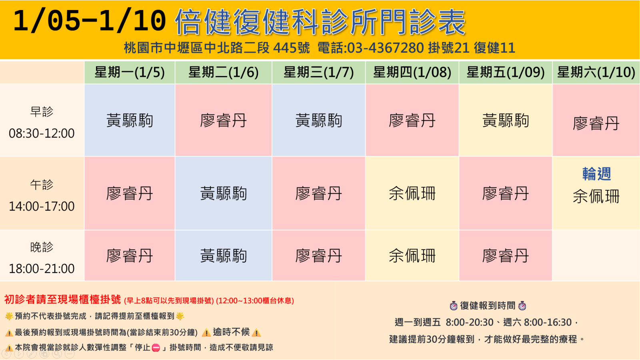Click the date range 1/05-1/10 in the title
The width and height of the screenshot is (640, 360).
tap(90, 21)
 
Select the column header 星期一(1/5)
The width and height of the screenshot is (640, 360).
tap(130, 72)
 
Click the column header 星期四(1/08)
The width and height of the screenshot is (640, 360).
tap(412, 72)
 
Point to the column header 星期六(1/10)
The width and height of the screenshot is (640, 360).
tap(596, 72)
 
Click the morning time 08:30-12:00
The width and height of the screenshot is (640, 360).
tap(42, 134)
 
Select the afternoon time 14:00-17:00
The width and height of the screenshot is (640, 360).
tap(42, 206)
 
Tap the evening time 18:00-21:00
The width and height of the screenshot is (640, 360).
tap(42, 268)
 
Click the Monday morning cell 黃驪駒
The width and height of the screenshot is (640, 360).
tap(130, 120)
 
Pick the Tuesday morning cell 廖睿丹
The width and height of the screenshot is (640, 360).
tap(223, 120)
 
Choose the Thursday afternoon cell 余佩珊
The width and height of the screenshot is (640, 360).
tap(412, 194)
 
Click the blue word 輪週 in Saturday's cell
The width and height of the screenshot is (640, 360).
tap(596, 174)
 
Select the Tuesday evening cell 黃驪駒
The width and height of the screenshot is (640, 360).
tap(223, 256)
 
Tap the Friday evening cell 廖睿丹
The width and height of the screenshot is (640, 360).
tap(506, 256)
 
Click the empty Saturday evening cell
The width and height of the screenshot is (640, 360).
tap(596, 256)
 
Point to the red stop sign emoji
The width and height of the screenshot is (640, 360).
tap(156, 348)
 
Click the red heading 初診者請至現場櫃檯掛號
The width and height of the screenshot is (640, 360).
tap(62, 300)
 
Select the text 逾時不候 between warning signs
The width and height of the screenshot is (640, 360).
tap(231, 332)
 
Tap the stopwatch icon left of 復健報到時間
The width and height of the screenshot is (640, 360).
tap(454, 306)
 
